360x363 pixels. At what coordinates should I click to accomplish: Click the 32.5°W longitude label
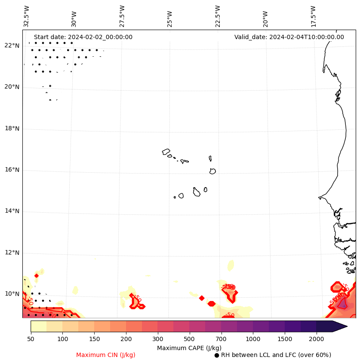pyautogui.click(x=27, y=16)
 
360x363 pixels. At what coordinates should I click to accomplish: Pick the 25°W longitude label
pyautogui.click(x=170, y=18)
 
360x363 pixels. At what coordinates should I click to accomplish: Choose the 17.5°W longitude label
pyautogui.click(x=313, y=16)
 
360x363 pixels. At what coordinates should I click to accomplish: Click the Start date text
pyautogui.click(x=83, y=37)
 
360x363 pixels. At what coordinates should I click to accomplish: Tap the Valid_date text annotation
pyautogui.click(x=289, y=37)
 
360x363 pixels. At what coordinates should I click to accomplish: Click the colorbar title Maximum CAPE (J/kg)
pyautogui.click(x=189, y=348)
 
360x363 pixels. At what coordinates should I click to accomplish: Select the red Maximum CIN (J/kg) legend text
pyautogui.click(x=106, y=355)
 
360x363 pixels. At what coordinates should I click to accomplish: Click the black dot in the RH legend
pyautogui.click(x=217, y=355)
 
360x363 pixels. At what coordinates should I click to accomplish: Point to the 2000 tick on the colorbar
pyautogui.click(x=317, y=339)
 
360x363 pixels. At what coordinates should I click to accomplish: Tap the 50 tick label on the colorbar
pyautogui.click(x=31, y=339)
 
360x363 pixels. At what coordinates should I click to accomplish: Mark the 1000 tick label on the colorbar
pyautogui.click(x=253, y=339)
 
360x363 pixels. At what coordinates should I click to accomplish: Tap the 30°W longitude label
pyautogui.click(x=74, y=18)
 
